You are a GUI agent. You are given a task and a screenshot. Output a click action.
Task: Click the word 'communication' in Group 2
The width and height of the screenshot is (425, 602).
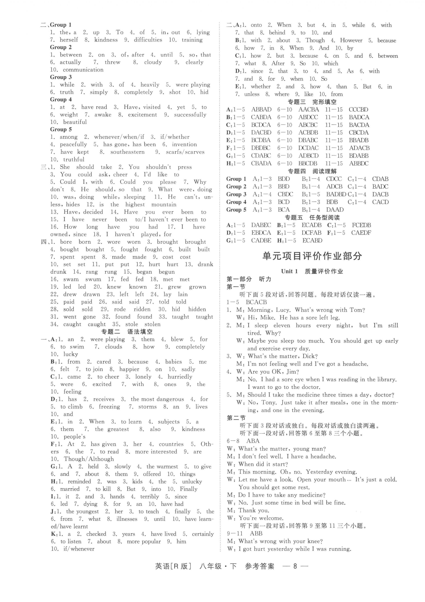click(x=83, y=70)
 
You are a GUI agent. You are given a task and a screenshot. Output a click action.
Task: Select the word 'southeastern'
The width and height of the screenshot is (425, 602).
click(x=127, y=152)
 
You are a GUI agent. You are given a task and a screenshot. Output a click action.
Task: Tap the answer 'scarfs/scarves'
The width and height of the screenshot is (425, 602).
click(x=185, y=152)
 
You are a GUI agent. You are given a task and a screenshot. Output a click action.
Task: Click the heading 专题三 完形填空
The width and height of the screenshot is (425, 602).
click(x=312, y=102)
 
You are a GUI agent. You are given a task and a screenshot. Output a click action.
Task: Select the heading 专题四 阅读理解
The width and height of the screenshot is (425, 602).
click(x=312, y=171)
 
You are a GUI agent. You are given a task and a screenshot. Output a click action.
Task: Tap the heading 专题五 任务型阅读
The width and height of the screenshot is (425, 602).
click(x=312, y=217)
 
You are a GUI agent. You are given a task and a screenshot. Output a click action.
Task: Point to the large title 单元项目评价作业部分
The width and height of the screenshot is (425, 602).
click(x=312, y=256)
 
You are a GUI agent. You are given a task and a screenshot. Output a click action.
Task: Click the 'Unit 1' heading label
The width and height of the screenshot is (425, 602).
click(x=289, y=271)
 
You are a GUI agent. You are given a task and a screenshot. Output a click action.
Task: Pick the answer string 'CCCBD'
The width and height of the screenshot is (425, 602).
click(x=358, y=110)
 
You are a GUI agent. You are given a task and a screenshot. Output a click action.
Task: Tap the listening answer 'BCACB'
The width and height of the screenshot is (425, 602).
click(x=256, y=302)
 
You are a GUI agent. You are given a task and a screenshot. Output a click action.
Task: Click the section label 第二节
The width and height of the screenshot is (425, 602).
click(x=236, y=418)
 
